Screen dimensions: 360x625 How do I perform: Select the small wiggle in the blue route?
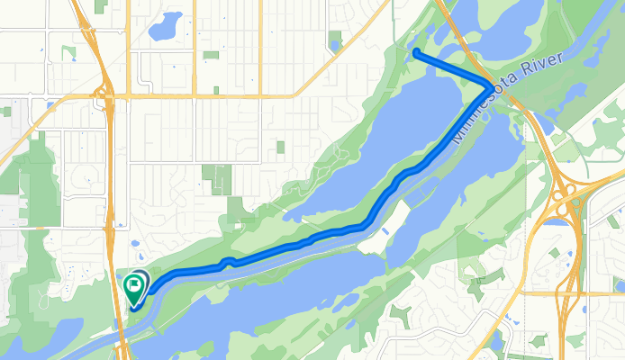click(228, 262)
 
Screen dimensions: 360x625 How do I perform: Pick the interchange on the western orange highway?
click(107, 92)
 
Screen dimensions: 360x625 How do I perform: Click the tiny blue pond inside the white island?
click(386, 232)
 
